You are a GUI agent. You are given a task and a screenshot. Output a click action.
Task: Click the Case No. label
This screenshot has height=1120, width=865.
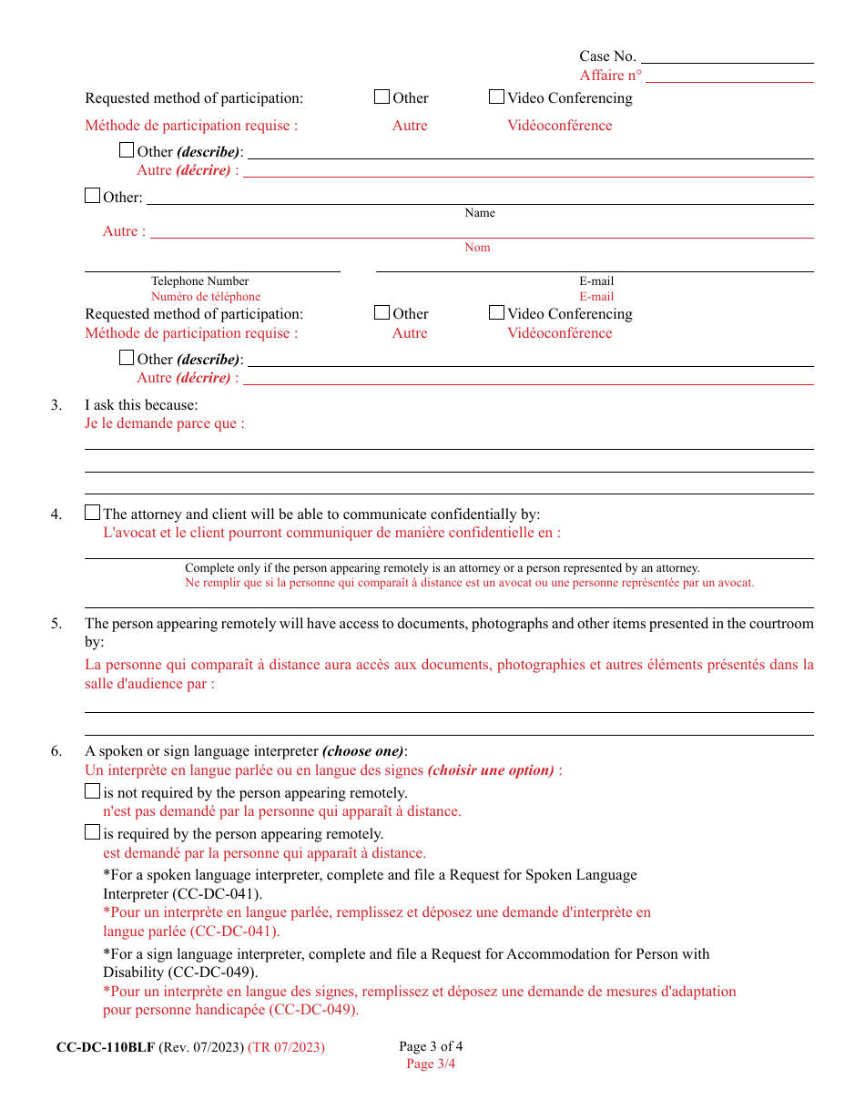click(607, 56)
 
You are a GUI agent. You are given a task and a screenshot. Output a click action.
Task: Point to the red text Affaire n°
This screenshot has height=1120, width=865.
click(610, 76)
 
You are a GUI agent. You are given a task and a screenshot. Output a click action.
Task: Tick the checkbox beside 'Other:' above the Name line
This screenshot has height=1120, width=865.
click(92, 196)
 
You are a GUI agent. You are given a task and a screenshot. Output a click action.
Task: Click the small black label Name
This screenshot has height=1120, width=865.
click(480, 213)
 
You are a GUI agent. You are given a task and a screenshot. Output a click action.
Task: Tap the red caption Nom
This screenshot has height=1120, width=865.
click(477, 248)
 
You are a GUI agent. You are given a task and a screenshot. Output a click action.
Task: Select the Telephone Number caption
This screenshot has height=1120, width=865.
click(199, 281)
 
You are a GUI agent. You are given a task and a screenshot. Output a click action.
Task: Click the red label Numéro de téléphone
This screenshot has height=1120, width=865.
click(206, 297)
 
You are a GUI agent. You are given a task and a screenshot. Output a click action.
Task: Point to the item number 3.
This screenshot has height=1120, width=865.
click(56, 405)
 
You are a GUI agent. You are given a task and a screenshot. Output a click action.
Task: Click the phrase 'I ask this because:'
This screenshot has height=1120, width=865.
click(141, 405)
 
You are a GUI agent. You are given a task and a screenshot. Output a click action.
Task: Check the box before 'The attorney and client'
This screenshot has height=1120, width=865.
click(92, 513)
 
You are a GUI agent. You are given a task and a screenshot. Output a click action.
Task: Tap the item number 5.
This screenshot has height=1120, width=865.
click(56, 624)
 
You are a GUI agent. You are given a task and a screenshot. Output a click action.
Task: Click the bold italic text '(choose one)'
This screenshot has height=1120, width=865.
click(363, 751)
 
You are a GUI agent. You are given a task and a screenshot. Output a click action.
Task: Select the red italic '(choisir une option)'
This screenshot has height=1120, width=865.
click(491, 770)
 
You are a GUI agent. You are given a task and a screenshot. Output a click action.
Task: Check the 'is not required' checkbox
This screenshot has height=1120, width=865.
click(92, 792)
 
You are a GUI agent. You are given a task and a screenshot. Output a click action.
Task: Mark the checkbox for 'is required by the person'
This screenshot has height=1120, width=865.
click(92, 832)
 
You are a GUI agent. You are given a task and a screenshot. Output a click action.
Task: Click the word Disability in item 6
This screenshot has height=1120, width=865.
click(134, 972)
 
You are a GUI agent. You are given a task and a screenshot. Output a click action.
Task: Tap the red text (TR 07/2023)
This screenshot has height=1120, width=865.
click(286, 1047)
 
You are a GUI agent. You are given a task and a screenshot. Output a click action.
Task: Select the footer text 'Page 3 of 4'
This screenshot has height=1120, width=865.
click(431, 1046)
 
